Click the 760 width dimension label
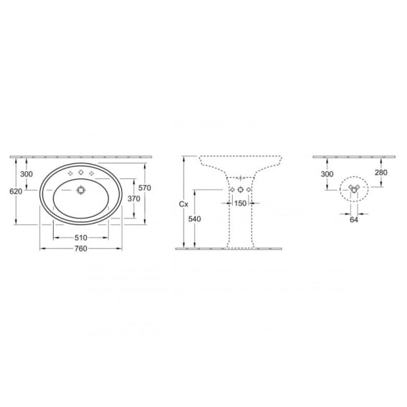[x=81, y=249]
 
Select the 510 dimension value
[x=81, y=238]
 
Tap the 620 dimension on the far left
[x=16, y=191]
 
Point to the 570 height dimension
[x=145, y=188]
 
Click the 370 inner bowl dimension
[x=134, y=198]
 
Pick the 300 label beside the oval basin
[x=27, y=174]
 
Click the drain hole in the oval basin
[x=81, y=191]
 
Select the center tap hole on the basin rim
[x=81, y=173]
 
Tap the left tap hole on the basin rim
[x=70, y=173]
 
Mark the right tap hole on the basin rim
[x=92, y=173]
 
